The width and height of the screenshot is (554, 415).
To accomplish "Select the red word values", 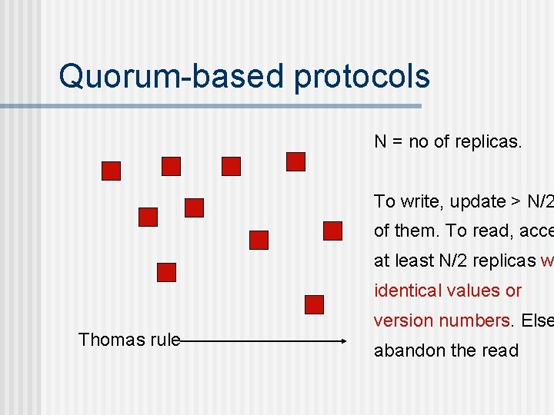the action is coord(475,291).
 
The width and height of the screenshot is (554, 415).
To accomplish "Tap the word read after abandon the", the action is coord(502,350).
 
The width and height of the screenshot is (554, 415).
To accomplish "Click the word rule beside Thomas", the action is coord(164,340).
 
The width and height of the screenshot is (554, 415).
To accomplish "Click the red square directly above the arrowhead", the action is coord(314,304).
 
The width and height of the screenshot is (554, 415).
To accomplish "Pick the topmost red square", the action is coord(295,161).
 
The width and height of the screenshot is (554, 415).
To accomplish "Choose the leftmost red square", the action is coord(112,171).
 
